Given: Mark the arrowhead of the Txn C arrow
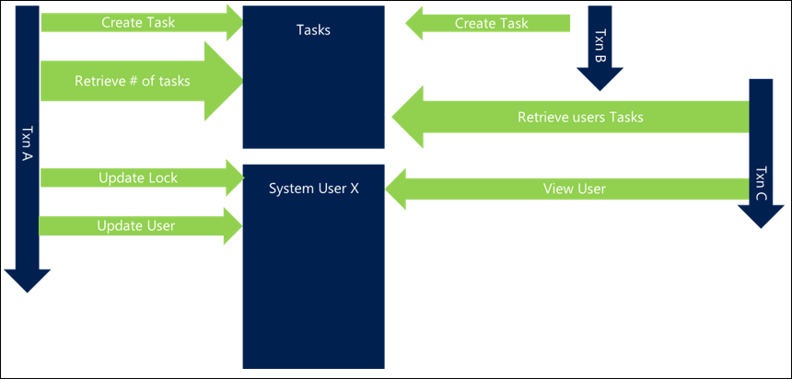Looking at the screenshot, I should pyautogui.click(x=760, y=217).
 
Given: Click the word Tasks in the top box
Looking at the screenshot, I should pyautogui.click(x=313, y=30).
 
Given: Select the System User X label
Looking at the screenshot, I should pyautogui.click(x=313, y=189).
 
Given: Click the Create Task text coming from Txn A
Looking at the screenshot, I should pyautogui.click(x=138, y=22).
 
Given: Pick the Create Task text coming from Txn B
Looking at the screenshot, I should pyautogui.click(x=492, y=23).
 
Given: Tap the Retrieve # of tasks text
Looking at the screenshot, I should pyautogui.click(x=133, y=81).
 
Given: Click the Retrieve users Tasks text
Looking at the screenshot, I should pyautogui.click(x=580, y=117).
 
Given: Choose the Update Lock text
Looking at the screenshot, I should pyautogui.click(x=138, y=177).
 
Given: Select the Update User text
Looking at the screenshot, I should pyautogui.click(x=136, y=225).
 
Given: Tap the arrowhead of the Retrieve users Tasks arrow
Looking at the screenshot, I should pyautogui.click(x=409, y=117).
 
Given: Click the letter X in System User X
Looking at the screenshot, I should pyautogui.click(x=354, y=189).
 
